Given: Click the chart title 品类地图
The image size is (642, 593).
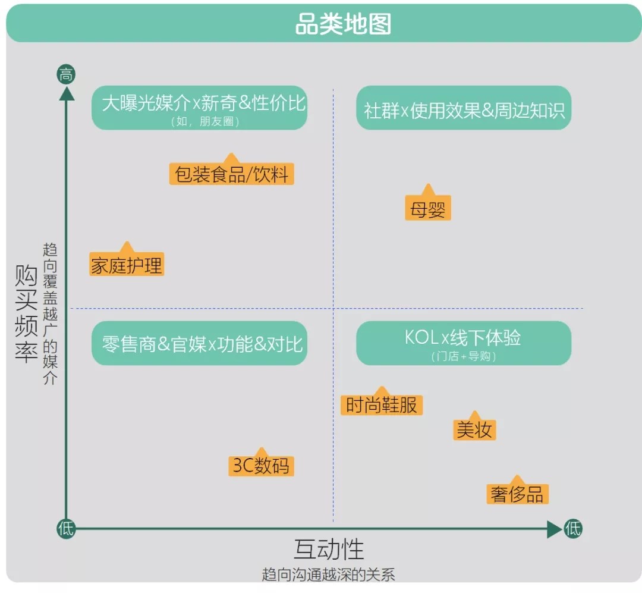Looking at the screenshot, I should (x=343, y=25).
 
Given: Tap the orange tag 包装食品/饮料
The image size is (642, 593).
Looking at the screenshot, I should (x=231, y=174).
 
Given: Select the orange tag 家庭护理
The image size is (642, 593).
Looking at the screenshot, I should (x=127, y=265).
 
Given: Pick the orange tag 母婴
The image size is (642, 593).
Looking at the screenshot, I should (x=428, y=209).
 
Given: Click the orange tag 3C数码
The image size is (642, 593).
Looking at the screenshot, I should (x=262, y=465).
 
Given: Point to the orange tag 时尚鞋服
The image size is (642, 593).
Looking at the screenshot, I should (x=382, y=405).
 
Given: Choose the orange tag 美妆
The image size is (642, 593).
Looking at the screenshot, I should (x=474, y=429).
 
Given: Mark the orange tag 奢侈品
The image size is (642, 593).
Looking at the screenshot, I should (x=517, y=494).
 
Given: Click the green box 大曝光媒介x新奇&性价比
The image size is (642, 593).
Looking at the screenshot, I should (x=200, y=108).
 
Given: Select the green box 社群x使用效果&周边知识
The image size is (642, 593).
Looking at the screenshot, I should (x=464, y=109).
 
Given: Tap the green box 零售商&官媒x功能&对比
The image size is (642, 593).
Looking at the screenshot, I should (x=200, y=344).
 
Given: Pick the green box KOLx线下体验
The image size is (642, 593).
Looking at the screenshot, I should (x=464, y=343).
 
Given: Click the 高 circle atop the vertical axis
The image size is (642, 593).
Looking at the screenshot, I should (x=66, y=75).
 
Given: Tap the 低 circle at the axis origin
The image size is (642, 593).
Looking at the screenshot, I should (x=66, y=528).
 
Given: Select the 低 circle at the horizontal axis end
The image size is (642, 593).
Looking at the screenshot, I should (x=572, y=528).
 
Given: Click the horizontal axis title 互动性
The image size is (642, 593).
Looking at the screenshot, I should (x=329, y=548).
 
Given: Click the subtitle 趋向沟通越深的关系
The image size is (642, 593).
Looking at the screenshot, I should (x=328, y=575).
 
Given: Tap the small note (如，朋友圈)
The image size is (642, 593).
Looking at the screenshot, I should (x=200, y=122).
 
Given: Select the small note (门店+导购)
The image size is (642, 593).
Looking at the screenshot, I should (x=464, y=357).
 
